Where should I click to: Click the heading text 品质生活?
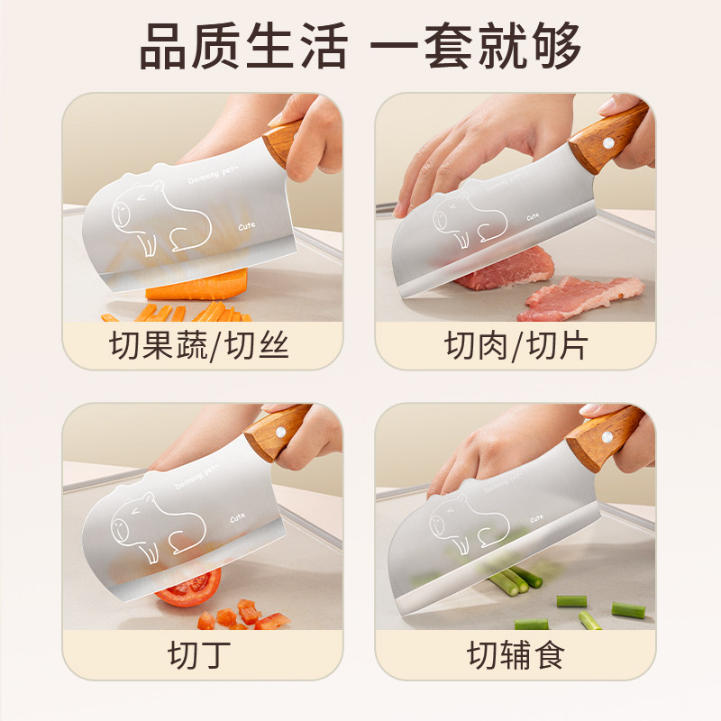pos(242,45)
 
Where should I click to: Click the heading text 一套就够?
pos(478,45)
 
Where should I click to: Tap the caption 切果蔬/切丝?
pos(200,344)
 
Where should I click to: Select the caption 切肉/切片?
pos(514,344)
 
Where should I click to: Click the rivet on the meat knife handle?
pos(609,142)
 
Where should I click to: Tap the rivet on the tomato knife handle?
pos(280,432)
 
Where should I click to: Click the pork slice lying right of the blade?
pos(581,293)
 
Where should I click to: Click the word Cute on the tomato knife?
pos(239,518)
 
